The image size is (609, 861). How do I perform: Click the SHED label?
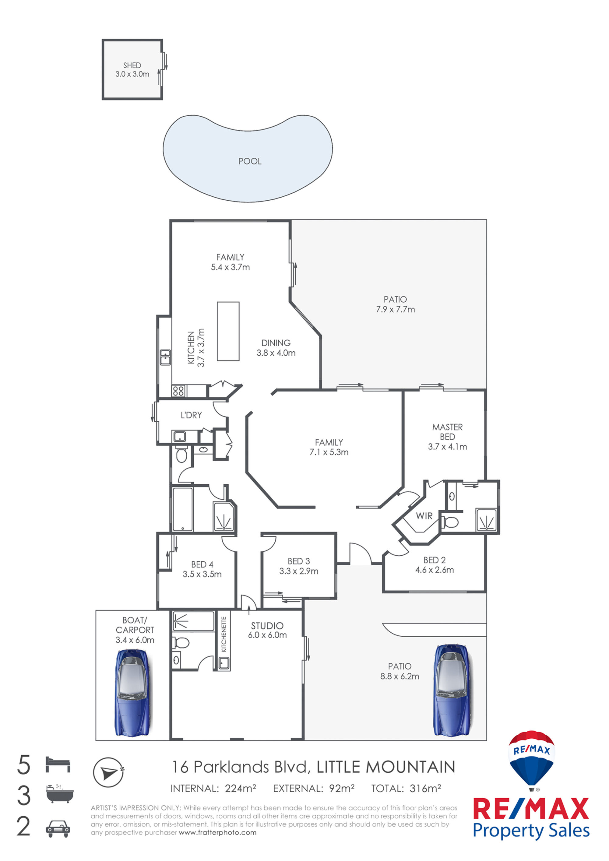pos(132,65)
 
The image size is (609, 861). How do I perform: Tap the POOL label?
pos(250,161)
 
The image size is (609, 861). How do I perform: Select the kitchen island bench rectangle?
pos(228,331)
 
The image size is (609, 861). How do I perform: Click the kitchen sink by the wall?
pos(165,357)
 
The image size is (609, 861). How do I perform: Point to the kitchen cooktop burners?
pos(178,391)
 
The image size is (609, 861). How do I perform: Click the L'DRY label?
pos(191,415)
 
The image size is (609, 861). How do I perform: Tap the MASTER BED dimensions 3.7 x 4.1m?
pos(447,447)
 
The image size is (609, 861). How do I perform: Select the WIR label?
pos(424,516)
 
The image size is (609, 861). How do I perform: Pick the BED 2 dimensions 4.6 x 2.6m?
pos(434,570)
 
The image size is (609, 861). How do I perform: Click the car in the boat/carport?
pos(133,693)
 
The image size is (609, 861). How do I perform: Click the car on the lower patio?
pos(452,691)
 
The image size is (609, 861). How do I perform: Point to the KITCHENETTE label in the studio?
pos(224,634)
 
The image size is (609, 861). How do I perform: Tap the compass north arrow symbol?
pos(109,772)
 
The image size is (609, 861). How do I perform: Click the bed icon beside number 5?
pos(58,764)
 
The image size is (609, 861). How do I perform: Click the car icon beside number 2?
pos(58,829)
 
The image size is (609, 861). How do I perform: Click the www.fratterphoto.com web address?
pos(217,832)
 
